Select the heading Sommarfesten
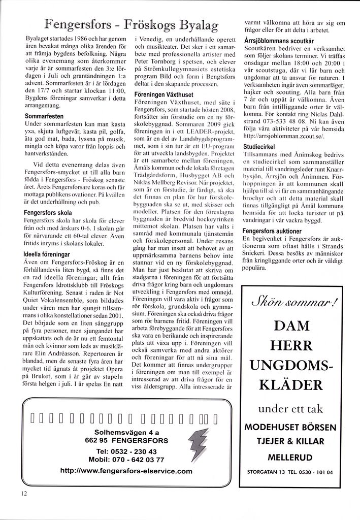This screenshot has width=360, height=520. (x=44, y=116)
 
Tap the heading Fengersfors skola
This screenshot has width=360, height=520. (x=48, y=213)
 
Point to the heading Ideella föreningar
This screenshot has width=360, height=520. (x=46, y=254)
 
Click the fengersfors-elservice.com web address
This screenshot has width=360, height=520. (x=126, y=471)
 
